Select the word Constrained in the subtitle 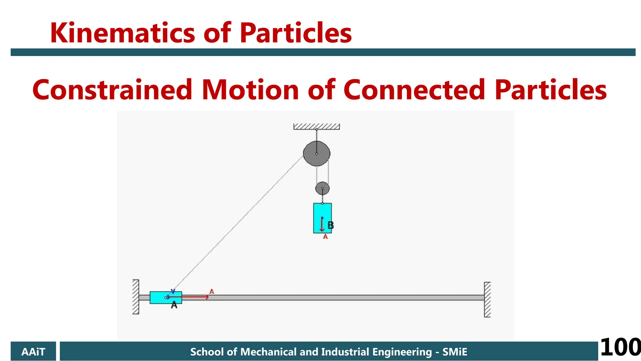[x=112, y=90]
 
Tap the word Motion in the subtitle [x=250, y=90]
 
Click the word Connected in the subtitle [x=414, y=90]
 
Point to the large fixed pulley [x=316, y=153]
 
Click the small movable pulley [x=322, y=188]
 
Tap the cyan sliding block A [x=158, y=297]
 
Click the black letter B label [x=331, y=225]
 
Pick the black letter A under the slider [x=174, y=305]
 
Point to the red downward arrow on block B [x=322, y=224]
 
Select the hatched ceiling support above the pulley [x=316, y=127]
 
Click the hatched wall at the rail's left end [x=136, y=296]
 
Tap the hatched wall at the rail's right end [x=487, y=300]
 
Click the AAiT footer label [x=33, y=352]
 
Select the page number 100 [x=620, y=347]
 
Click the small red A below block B [x=326, y=237]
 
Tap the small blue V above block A [x=173, y=291]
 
